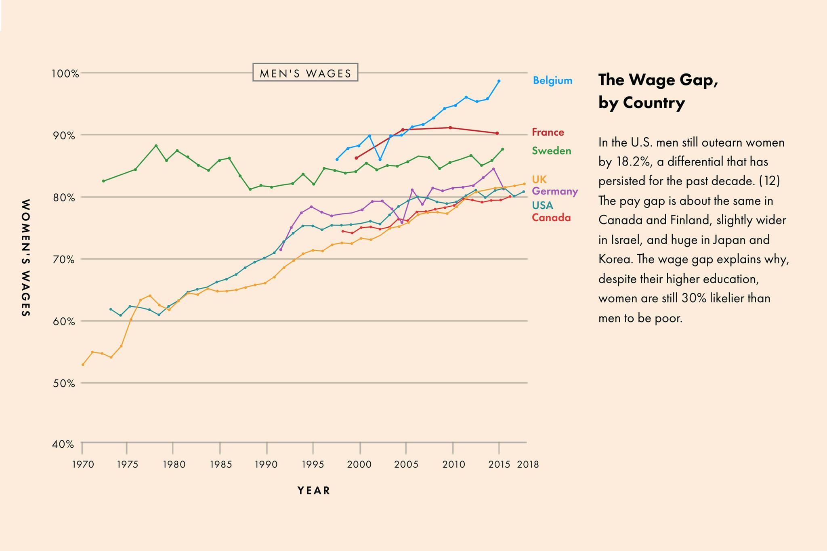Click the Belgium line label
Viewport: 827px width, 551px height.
pyautogui.click(x=552, y=80)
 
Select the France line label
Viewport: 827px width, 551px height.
pyautogui.click(x=548, y=132)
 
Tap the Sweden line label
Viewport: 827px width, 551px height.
pyautogui.click(x=551, y=151)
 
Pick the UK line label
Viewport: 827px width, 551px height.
pyautogui.click(x=539, y=179)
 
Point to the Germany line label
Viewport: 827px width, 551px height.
pyautogui.click(x=555, y=191)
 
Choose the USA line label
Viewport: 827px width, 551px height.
pyautogui.click(x=542, y=205)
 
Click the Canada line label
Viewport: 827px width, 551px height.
pyautogui.click(x=551, y=218)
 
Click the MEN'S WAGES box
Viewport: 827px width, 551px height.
pyautogui.click(x=305, y=73)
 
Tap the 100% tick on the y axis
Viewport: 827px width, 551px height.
pyautogui.click(x=65, y=73)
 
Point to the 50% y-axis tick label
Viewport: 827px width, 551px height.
pyautogui.click(x=63, y=383)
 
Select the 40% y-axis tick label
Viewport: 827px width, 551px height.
pyautogui.click(x=63, y=444)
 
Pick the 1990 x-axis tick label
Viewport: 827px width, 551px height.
pyautogui.click(x=266, y=465)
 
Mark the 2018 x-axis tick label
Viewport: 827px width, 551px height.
pyautogui.click(x=528, y=465)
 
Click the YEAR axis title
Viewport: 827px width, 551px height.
pyautogui.click(x=314, y=490)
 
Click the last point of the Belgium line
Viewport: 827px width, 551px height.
pyautogui.click(x=499, y=81)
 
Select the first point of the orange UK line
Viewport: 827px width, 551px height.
pyautogui.click(x=83, y=365)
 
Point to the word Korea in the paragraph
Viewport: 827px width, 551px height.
pyautogui.click(x=615, y=259)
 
